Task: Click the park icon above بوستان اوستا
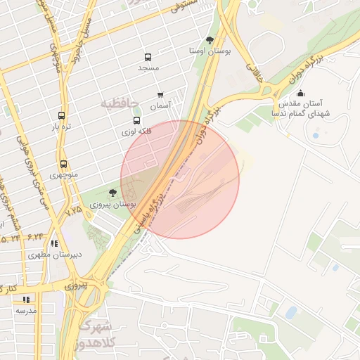pos(210,40)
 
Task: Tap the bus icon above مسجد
pos(148,58)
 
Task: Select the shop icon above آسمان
pos(160,94)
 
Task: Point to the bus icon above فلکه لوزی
pos(136,120)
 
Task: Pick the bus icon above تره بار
pos(61,116)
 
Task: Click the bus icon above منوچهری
pos(64,164)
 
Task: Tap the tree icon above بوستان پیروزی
pos(112,193)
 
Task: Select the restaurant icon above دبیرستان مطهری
pos(54,244)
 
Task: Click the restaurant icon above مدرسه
pos(26,300)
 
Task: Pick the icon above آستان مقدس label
pos(301,93)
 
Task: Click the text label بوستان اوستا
pos(210,51)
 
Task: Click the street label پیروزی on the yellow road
pos(75,286)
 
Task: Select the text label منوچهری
pos(64,174)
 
